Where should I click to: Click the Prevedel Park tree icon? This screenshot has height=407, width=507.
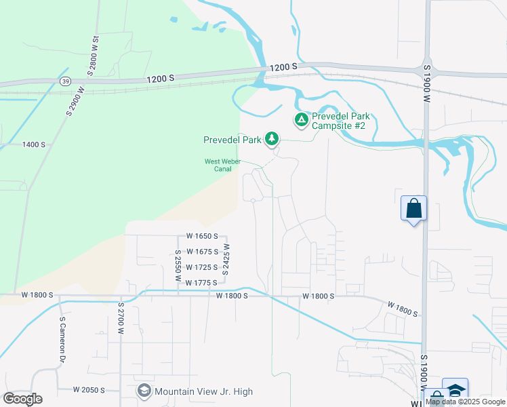tap(272, 139)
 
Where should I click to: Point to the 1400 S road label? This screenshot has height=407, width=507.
tap(33, 144)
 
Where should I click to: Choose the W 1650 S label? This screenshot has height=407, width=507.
tap(201, 236)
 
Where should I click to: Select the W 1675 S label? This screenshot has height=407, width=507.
tap(201, 252)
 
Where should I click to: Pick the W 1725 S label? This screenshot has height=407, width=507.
tap(201, 267)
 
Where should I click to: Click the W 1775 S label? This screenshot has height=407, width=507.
tap(201, 282)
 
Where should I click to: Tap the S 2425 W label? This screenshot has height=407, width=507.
tap(227, 258)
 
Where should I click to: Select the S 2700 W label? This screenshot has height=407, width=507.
tap(121, 317)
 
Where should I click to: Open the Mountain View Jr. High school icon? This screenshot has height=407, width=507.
tap(144, 391)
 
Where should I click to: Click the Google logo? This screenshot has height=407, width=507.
tap(22, 399)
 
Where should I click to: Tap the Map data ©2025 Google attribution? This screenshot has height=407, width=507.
tap(466, 402)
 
